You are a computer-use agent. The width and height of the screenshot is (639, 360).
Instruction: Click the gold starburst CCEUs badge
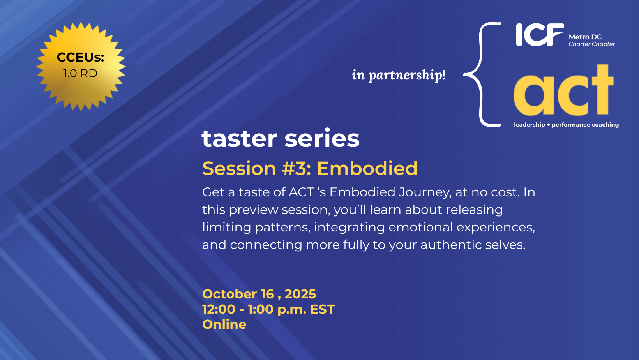[81, 67]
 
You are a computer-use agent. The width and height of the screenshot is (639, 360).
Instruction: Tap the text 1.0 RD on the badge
[80, 73]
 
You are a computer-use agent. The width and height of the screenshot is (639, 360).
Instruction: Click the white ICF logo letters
[540, 35]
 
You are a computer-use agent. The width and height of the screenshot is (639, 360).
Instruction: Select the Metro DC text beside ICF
[585, 37]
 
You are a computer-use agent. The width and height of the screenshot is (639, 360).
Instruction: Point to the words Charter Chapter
[591, 44]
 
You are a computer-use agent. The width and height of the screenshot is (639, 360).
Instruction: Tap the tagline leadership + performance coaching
[566, 125]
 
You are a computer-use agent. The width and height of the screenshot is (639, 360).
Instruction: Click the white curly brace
[482, 74]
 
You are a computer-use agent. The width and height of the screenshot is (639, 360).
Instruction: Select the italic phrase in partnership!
[399, 75]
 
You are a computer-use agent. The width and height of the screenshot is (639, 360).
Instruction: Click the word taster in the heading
[239, 138]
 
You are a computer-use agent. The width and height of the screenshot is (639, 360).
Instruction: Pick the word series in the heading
[322, 138]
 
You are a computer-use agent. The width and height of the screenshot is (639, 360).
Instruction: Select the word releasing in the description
[474, 210]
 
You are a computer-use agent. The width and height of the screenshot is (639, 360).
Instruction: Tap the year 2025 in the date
[300, 294]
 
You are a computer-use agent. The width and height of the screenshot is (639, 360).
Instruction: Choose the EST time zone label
[322, 309]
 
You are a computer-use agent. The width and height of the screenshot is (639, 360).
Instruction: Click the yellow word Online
[224, 324]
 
